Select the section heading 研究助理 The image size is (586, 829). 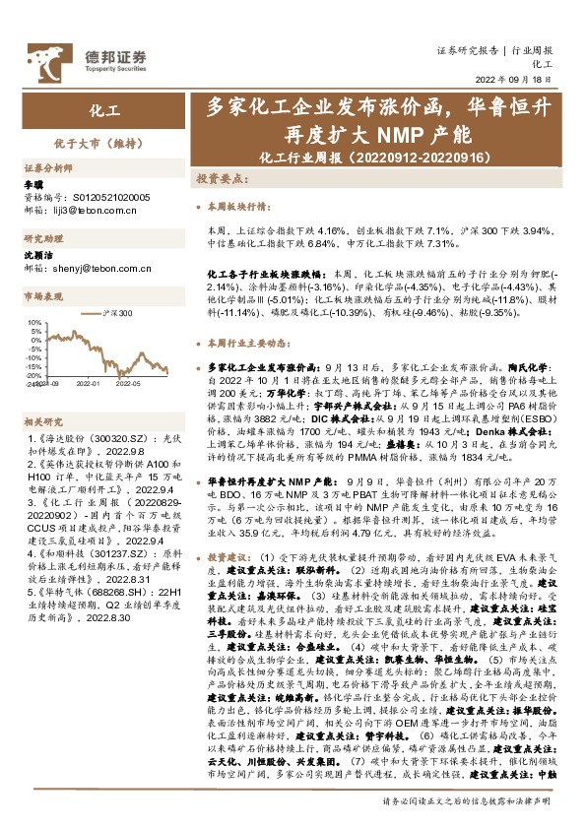coord(44,239)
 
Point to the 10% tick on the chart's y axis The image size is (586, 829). coord(33,322)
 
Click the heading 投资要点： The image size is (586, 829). coord(220,180)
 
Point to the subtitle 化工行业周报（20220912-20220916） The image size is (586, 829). coord(377,157)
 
